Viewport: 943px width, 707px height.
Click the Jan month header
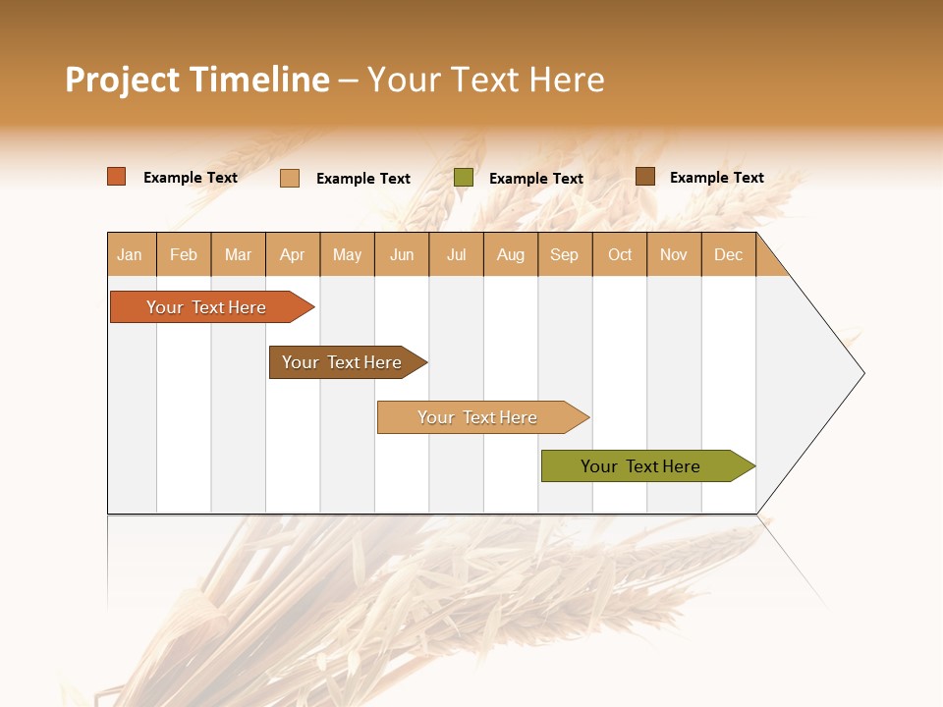(130, 254)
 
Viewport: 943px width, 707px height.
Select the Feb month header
(184, 254)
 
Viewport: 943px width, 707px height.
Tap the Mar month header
(238, 254)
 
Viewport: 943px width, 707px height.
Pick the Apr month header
(292, 254)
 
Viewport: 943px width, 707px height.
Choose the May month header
(347, 254)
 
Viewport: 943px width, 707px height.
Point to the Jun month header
(402, 254)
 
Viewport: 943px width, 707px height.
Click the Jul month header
(456, 254)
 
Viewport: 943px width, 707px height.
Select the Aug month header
(511, 254)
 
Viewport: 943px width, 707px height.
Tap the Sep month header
(565, 254)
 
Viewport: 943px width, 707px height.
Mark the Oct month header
(620, 254)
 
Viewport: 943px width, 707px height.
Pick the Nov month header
(674, 254)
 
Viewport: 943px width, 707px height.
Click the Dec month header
(728, 254)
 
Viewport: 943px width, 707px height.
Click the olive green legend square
(464, 178)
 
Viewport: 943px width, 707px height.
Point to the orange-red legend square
(117, 177)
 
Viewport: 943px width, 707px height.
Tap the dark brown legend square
(645, 177)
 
